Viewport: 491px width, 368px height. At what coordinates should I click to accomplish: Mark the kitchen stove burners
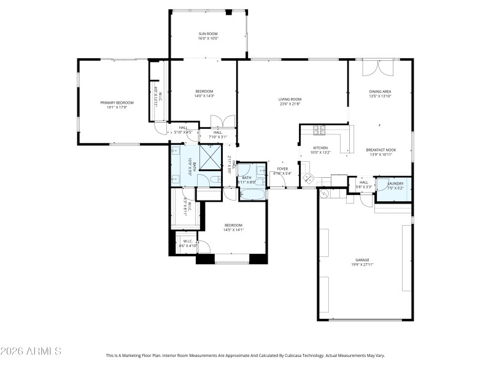pos(319,129)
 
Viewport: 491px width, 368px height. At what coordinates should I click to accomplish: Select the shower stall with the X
pos(211,156)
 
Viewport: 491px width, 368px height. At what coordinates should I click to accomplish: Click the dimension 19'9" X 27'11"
pos(361,265)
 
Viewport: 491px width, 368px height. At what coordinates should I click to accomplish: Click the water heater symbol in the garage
pos(325,193)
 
